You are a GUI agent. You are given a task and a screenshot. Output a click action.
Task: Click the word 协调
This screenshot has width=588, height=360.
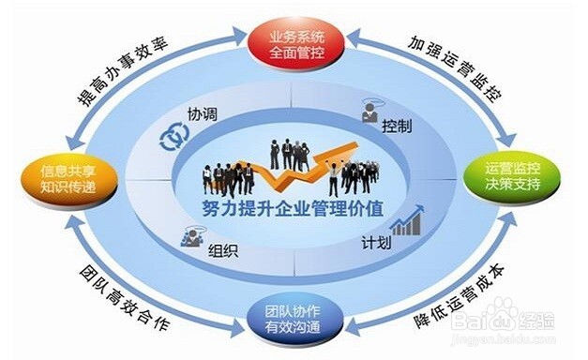(202, 116)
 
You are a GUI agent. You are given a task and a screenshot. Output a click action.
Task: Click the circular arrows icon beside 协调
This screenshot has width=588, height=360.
(173, 138)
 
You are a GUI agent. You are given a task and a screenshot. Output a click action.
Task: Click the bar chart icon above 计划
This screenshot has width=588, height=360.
(405, 223)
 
